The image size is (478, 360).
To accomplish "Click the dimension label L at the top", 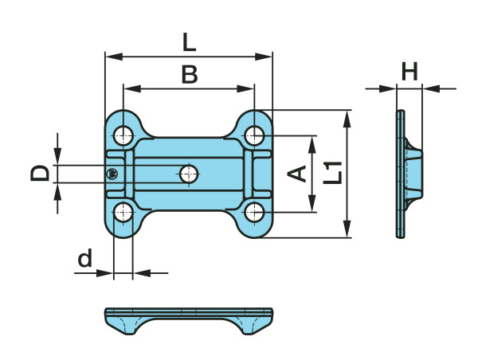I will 189,41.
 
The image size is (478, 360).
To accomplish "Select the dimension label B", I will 189,74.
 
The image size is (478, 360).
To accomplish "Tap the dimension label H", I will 409,72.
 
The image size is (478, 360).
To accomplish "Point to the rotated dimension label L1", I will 335,172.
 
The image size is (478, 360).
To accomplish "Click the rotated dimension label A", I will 297,173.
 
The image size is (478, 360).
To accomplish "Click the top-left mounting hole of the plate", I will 123,134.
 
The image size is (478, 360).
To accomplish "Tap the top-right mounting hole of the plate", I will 254,134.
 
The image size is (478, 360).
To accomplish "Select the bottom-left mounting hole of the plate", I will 123,212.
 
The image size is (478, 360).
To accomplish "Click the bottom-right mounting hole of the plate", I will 254,212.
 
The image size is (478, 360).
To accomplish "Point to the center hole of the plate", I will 189,173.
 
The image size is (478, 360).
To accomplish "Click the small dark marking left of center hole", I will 112,174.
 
